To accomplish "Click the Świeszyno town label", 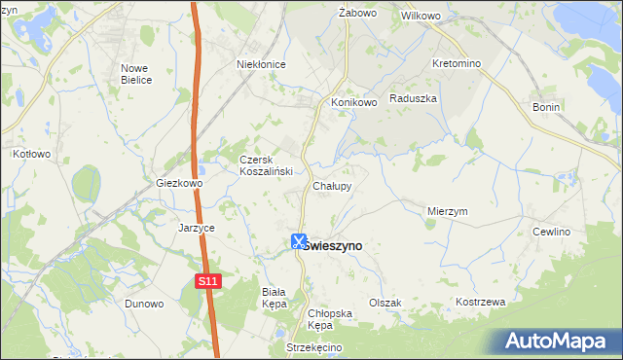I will tap(333, 246).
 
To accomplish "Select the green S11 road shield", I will tap(205, 281).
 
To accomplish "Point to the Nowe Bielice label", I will tap(136, 74).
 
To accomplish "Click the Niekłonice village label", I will tap(261, 64).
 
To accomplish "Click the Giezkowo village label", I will tap(179, 182).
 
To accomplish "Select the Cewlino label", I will tap(551, 232).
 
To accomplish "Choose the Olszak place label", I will tap(385, 303).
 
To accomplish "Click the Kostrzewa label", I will tap(481, 302).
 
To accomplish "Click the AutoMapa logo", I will tap(558, 341).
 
